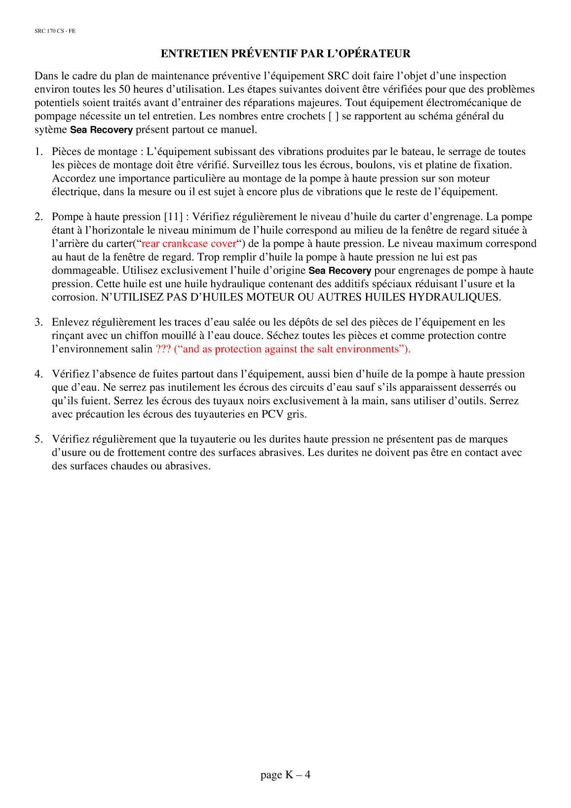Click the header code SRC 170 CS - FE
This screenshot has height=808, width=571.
point(55,31)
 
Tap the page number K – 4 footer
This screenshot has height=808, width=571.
point(285,775)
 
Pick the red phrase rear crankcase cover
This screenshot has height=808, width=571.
point(189,244)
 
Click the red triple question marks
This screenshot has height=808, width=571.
point(163,349)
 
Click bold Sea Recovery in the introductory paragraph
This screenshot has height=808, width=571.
point(101,130)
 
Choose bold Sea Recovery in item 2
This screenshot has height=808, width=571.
point(340,271)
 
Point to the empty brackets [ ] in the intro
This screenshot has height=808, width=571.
point(333,116)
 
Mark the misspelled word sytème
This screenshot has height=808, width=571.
point(50,130)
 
